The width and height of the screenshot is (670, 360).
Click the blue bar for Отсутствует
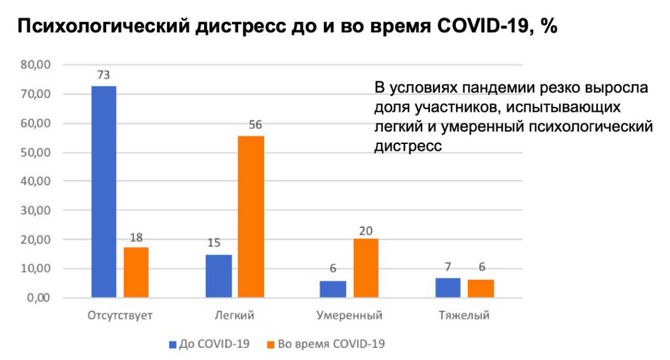(x=104, y=192)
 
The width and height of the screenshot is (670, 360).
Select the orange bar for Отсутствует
(x=136, y=272)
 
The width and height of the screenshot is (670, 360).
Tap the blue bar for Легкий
(x=219, y=276)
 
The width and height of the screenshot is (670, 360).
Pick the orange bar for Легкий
(x=251, y=217)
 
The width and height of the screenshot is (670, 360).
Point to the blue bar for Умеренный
(x=333, y=289)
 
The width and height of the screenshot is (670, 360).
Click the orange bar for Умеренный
(x=365, y=268)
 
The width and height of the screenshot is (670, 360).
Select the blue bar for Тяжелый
(x=448, y=288)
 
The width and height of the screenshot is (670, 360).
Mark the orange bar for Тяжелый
(x=481, y=289)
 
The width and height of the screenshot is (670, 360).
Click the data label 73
(x=104, y=75)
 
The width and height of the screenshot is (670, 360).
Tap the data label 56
(x=256, y=125)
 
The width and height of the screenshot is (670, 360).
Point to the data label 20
(x=365, y=230)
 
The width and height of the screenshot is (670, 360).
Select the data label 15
(x=215, y=243)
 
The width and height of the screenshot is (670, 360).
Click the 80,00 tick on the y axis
(x=37, y=65)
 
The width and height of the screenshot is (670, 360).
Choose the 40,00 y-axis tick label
(x=37, y=181)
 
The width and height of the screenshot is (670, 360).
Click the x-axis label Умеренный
(x=349, y=315)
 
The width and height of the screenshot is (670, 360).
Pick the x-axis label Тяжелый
(x=464, y=315)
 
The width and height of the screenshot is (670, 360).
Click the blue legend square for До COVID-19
(x=172, y=344)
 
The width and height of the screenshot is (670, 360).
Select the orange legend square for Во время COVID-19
(x=271, y=344)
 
